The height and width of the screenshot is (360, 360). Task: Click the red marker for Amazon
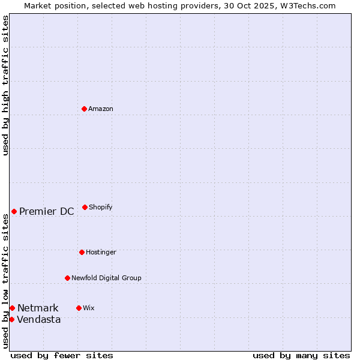point(84,109)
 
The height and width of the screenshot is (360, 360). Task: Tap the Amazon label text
point(101,109)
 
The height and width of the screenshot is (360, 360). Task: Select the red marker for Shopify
point(85,207)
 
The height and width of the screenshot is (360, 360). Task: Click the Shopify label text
point(101,208)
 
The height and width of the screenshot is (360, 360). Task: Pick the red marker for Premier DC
point(14,211)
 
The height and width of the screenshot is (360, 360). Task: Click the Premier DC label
point(47,211)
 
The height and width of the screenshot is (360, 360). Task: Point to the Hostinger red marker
point(82,252)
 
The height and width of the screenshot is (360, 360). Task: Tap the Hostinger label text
point(101,253)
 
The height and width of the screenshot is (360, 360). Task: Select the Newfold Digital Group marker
point(67,278)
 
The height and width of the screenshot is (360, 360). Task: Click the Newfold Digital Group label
point(106,278)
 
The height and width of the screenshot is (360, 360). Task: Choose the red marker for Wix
point(79,308)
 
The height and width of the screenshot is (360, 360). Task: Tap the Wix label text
point(89,308)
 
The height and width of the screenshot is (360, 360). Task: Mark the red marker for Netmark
point(12,308)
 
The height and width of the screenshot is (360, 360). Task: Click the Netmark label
point(38,308)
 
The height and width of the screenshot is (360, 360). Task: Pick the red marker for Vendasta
point(11,319)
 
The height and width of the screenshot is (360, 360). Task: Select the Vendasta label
point(39,320)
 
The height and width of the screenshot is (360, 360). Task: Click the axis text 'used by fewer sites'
point(62,355)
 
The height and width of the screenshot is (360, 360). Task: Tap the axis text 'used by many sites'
point(301,355)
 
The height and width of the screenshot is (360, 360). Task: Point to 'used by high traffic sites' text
point(5,85)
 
